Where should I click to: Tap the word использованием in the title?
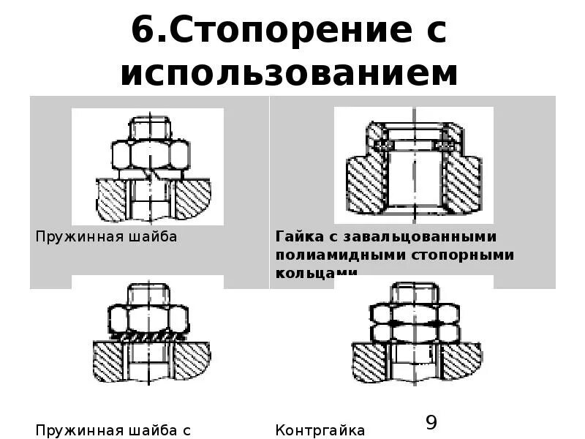click(290, 73)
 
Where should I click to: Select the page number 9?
click(431, 422)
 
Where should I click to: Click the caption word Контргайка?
click(320, 429)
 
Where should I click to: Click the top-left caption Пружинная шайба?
click(106, 237)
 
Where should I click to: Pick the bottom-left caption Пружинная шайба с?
click(113, 429)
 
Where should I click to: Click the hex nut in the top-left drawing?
click(151, 154)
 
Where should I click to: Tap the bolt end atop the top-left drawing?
click(151, 127)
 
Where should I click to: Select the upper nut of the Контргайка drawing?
click(414, 313)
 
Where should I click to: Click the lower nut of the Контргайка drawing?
click(414, 332)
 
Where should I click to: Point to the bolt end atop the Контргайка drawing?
click(414, 293)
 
